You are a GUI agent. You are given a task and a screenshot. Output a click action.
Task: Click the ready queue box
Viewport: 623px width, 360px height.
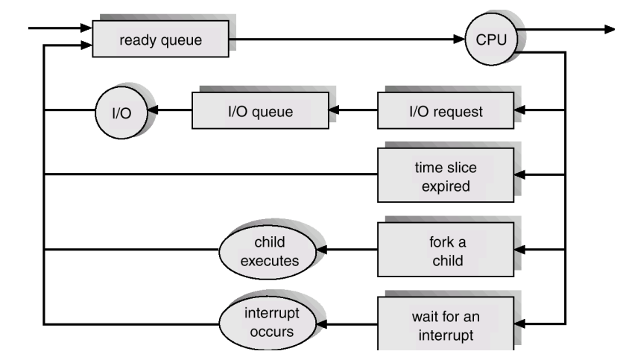tap(160, 39)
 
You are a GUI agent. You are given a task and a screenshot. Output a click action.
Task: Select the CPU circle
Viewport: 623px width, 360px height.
tap(491, 40)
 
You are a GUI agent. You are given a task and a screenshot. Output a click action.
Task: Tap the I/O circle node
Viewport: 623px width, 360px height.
tap(121, 113)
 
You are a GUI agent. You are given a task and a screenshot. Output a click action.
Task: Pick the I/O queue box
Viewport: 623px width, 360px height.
tap(260, 110)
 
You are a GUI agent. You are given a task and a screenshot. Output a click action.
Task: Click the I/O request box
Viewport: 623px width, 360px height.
tap(446, 110)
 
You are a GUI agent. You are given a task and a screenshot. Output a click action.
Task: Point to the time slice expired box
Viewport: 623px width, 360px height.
tap(446, 175)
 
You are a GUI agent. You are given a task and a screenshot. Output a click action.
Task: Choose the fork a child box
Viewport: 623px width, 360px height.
tap(446, 250)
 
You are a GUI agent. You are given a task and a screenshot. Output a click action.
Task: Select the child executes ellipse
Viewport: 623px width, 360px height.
tap(268, 251)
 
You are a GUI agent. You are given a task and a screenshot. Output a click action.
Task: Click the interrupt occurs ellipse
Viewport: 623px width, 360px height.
tap(268, 323)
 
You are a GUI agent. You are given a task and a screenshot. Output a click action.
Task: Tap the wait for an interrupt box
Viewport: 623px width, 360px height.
tap(446, 323)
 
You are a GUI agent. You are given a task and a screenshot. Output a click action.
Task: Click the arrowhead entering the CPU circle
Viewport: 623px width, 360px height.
tap(459, 39)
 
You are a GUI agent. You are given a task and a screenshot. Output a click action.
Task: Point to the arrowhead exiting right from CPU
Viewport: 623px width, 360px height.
tap(610, 29)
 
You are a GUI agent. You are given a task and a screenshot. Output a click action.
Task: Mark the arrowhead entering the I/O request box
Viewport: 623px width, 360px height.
tap(519, 110)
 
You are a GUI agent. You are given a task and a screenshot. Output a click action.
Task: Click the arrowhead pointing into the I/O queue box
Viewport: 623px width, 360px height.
tap(334, 110)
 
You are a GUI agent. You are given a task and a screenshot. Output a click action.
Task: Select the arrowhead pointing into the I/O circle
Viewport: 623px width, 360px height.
tap(153, 110)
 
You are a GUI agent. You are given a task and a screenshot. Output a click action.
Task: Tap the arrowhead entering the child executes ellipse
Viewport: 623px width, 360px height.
tap(321, 250)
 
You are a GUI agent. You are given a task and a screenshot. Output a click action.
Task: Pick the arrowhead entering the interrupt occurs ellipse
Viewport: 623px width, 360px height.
tap(321, 324)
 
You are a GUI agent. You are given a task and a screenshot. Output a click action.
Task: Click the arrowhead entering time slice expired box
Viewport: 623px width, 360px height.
tap(519, 174)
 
